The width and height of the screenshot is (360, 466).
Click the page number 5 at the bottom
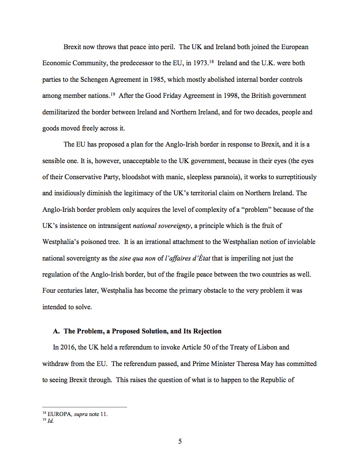click(x=180, y=441)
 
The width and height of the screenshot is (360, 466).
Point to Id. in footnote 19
click(x=51, y=422)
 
